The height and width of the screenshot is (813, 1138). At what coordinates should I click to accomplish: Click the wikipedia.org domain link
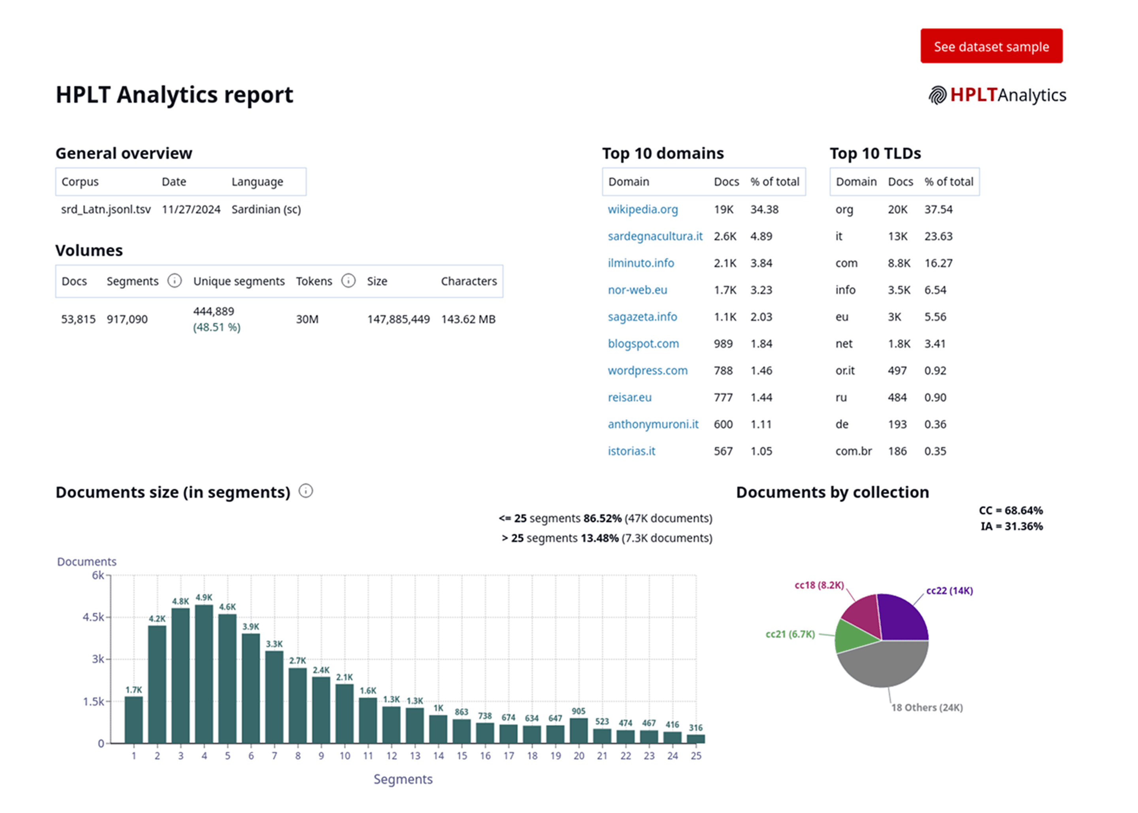642,209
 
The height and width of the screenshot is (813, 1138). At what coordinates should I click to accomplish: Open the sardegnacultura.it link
654,236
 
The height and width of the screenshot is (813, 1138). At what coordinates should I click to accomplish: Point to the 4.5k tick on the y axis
94,617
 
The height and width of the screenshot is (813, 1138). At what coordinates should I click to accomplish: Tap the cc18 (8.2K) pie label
819,585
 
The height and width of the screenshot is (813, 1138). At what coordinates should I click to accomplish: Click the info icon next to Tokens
348,280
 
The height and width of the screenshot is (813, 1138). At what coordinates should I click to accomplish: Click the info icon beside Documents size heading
305,491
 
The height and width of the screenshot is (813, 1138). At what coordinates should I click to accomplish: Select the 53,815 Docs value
78,319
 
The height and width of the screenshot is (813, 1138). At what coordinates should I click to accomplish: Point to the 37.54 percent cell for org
938,209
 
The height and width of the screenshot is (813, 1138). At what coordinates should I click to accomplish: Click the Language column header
257,181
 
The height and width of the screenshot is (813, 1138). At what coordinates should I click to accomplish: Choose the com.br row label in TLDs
853,451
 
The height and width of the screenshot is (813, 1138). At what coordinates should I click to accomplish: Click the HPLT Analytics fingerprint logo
937,95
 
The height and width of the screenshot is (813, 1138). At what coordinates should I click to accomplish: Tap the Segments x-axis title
403,779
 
